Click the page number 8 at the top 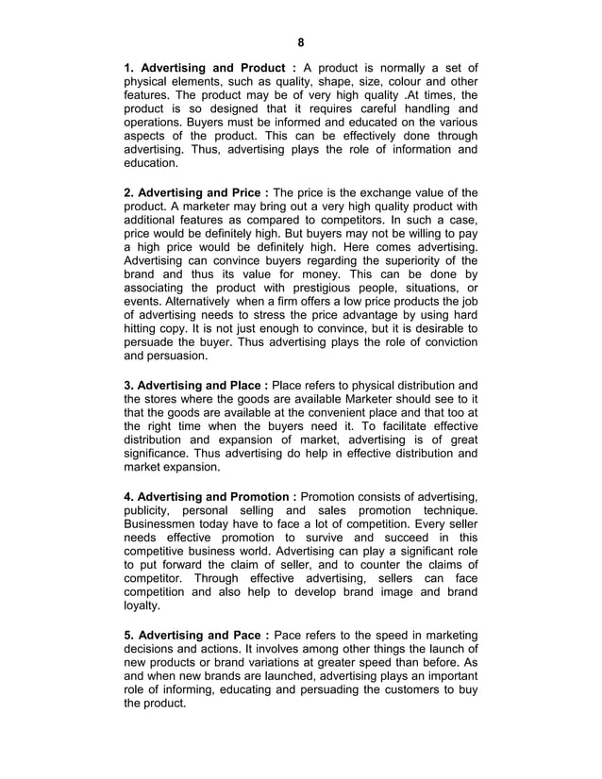click(301, 42)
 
